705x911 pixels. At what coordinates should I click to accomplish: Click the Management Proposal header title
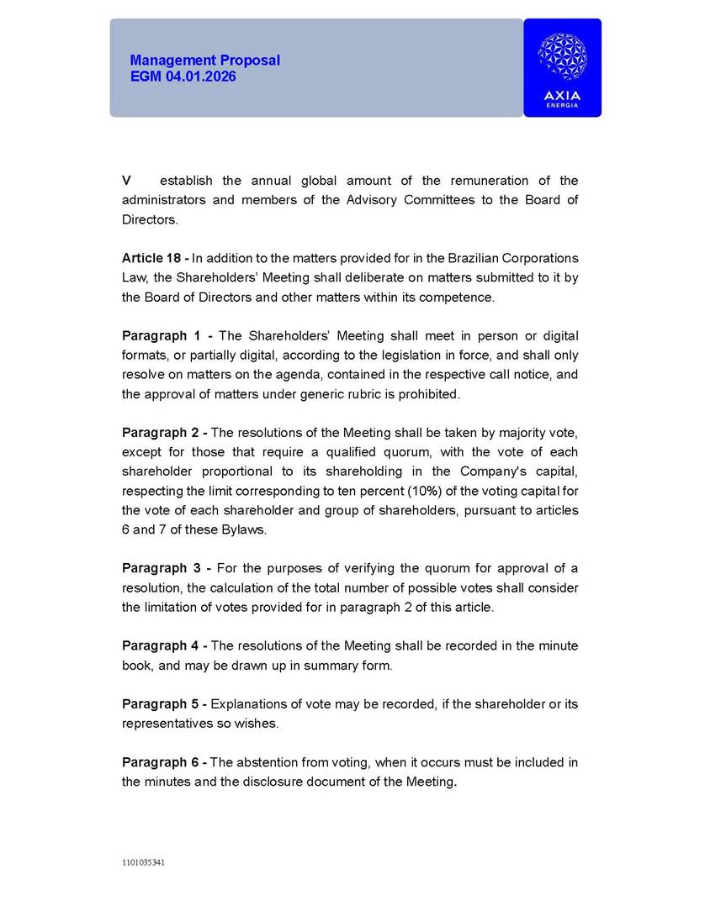204,61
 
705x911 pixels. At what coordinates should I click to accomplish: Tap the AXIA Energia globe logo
562,58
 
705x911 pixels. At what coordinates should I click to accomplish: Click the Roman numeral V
126,181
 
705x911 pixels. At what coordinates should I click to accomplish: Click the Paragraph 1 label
167,336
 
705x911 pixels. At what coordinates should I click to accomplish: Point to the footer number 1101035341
143,862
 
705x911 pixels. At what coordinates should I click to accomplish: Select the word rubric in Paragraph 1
366,394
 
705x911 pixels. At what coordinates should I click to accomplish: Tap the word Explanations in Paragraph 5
251,704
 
